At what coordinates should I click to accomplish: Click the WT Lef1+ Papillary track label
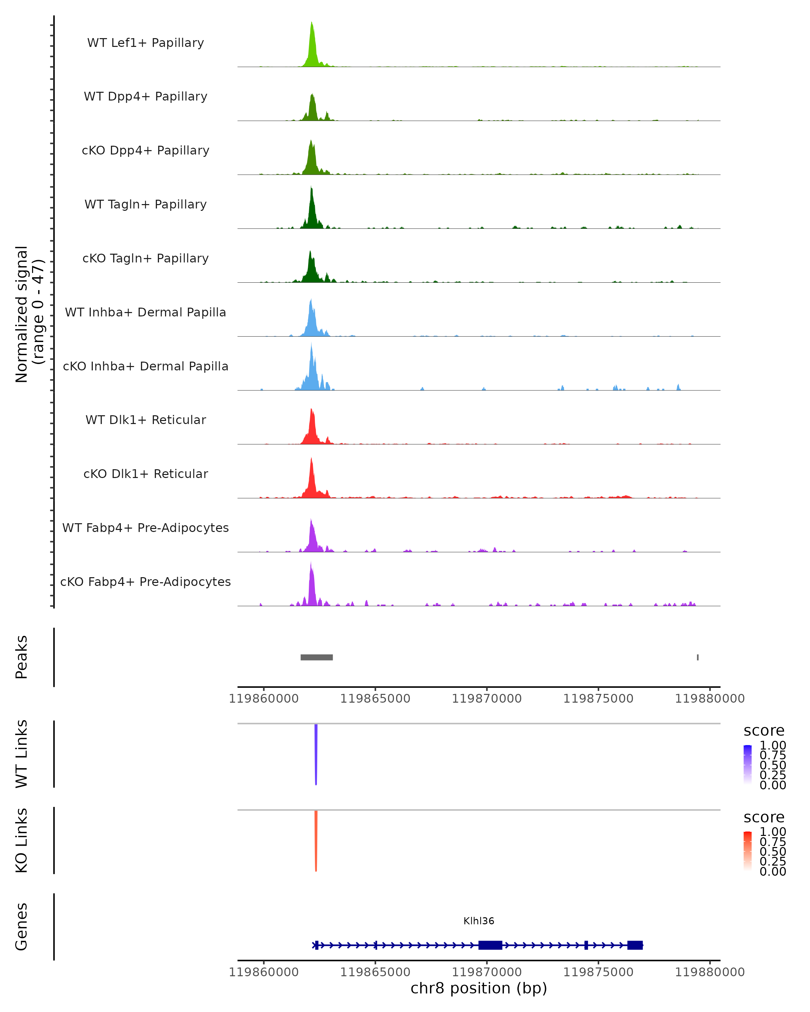(145, 43)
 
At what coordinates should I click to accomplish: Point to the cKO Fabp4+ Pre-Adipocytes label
(145, 582)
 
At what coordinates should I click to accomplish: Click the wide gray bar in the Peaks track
(317, 657)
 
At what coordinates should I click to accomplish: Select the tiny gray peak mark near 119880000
(698, 657)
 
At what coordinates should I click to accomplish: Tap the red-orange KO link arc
(316, 841)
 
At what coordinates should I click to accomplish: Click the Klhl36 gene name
(479, 921)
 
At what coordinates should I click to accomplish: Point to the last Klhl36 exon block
(635, 945)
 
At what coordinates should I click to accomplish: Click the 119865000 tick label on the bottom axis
(375, 972)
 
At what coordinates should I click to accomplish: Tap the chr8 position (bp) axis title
(479, 988)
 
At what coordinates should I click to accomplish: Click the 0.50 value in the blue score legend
(773, 765)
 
